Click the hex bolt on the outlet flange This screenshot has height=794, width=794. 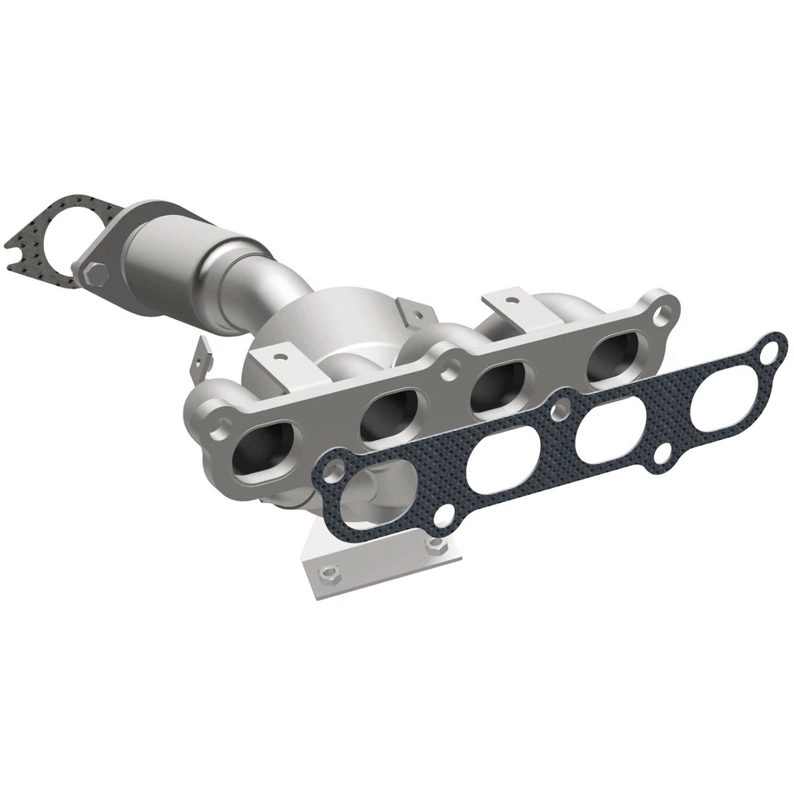93,270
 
